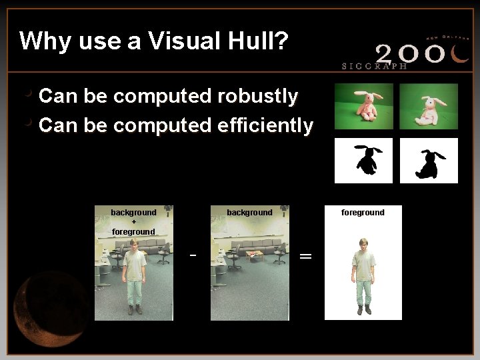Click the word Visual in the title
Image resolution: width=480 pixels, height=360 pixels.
tap(179, 41)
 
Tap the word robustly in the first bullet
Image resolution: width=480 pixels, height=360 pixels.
tap(257, 97)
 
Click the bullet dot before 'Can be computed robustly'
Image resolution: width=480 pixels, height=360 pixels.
tap(27, 94)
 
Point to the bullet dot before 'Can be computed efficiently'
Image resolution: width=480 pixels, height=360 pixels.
tap(27, 122)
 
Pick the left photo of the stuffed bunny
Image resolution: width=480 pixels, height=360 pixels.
tap(363, 106)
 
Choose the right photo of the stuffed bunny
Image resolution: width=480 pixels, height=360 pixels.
tap(428, 106)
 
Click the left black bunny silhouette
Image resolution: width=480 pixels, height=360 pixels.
tap(365, 160)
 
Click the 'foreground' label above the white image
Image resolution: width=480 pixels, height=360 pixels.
tap(363, 213)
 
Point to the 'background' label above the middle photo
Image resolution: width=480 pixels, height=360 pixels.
tap(249, 213)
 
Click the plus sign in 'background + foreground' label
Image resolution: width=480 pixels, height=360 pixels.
tap(133, 222)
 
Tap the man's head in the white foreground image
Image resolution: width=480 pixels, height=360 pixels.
tap(363, 244)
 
